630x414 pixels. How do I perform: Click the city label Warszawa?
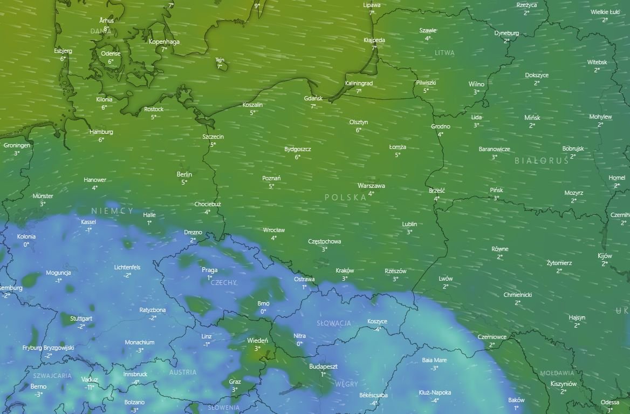click(x=371, y=186)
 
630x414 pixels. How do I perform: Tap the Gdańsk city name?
click(x=313, y=98)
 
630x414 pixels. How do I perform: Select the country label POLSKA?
click(x=345, y=198)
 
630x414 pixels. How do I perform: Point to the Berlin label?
click(x=184, y=174)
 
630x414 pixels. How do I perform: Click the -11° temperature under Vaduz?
click(x=90, y=387)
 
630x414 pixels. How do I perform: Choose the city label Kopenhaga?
click(x=164, y=42)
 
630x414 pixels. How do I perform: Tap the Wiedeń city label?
click(x=257, y=341)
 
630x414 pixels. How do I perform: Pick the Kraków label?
click(x=345, y=270)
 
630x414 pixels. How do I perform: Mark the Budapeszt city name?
click(x=323, y=367)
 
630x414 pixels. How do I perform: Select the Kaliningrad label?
click(x=359, y=83)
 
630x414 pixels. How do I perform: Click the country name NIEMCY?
click(x=112, y=211)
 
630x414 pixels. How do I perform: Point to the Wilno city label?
click(x=476, y=84)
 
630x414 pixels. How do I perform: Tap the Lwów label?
click(x=446, y=279)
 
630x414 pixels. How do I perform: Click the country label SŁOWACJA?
click(x=334, y=323)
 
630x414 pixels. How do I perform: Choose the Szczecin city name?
click(x=213, y=137)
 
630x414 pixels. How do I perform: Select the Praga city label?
click(x=209, y=270)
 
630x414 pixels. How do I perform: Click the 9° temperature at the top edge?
click(x=257, y=6)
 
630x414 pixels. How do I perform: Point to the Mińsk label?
click(x=532, y=118)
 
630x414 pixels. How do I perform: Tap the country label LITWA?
click(x=444, y=53)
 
